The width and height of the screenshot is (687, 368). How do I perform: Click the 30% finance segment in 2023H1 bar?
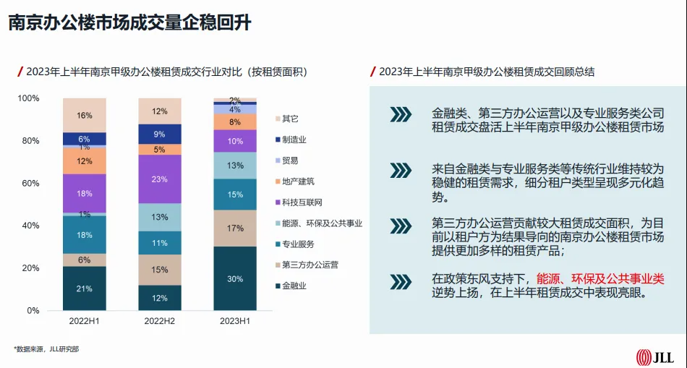point(235,278)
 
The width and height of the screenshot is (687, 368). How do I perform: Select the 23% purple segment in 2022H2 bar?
point(160,179)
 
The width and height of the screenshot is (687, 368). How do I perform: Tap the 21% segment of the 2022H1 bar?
point(85,288)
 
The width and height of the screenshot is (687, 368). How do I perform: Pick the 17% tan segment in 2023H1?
point(235,228)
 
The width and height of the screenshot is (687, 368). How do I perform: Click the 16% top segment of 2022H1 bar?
point(85,115)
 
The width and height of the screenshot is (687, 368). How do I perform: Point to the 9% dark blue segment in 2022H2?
point(160,134)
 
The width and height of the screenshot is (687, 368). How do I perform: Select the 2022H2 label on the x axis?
point(160,320)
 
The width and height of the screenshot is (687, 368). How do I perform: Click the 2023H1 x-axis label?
point(235,320)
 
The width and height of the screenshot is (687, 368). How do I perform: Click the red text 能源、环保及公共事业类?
point(600,278)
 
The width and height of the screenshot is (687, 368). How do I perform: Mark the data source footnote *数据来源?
point(46,349)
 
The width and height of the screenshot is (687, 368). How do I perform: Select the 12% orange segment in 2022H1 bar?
point(85,161)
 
